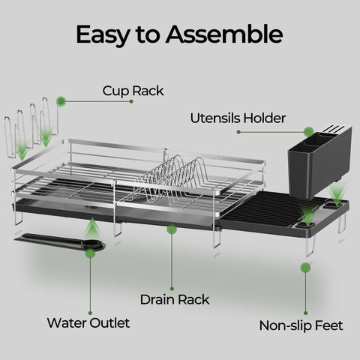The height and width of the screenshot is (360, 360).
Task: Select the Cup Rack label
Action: coord(133,91)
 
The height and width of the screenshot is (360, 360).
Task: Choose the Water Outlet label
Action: coord(88,323)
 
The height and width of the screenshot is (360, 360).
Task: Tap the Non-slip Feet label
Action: coord(301,325)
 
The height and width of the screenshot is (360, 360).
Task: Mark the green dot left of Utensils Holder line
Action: coord(239,132)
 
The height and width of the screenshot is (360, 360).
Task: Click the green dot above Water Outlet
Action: coord(90,253)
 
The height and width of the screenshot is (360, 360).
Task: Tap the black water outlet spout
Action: coord(64,240)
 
